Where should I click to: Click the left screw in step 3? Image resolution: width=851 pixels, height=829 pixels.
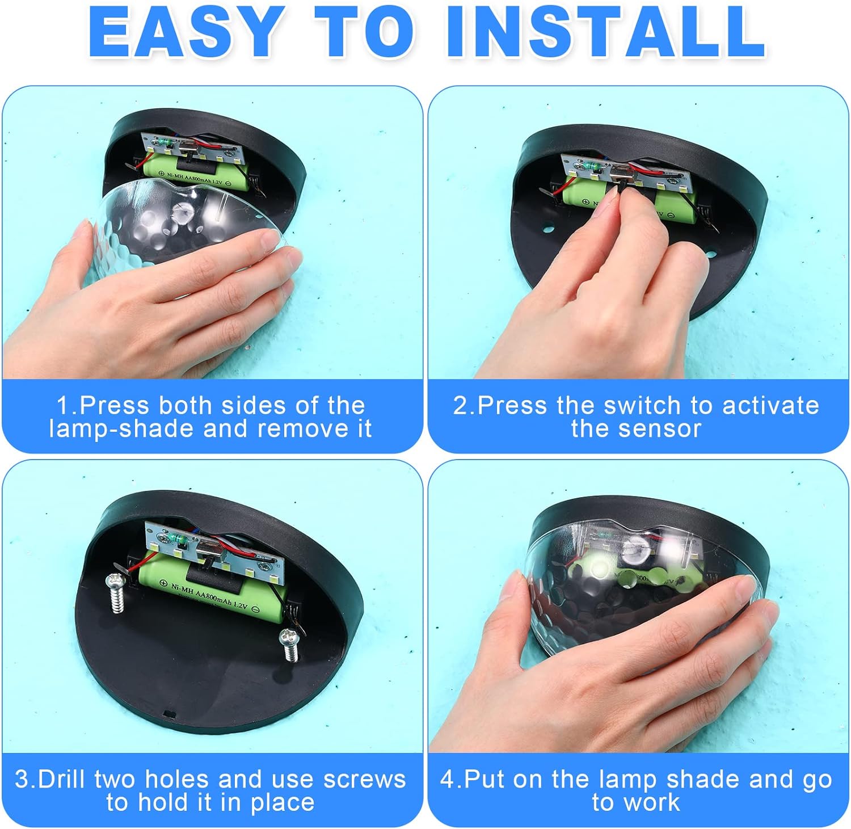(x=116, y=594)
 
